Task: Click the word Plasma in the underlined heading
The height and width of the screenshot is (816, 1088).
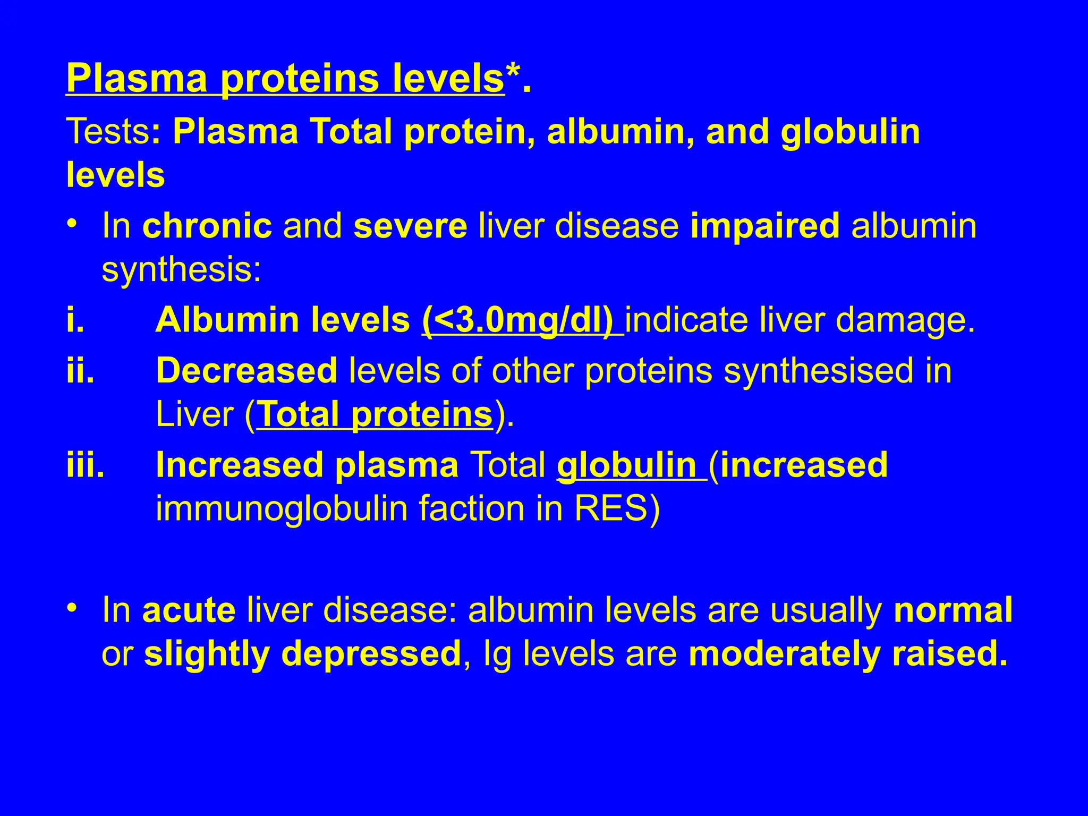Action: tap(137, 79)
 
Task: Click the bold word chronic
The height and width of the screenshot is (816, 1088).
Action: tap(207, 226)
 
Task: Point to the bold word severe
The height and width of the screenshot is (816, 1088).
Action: tap(410, 226)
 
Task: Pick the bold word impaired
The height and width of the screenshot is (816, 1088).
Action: tap(765, 226)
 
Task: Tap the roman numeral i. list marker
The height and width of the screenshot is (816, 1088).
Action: tap(75, 320)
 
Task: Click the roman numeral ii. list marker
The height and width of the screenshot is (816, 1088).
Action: tap(80, 370)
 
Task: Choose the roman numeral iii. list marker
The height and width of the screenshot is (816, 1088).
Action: tap(85, 465)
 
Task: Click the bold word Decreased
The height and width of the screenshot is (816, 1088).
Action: tap(246, 370)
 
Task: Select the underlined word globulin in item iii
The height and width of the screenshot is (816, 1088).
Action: tap(627, 465)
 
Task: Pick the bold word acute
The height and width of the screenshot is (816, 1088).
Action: tap(189, 610)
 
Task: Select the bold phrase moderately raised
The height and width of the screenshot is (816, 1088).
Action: tap(848, 654)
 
